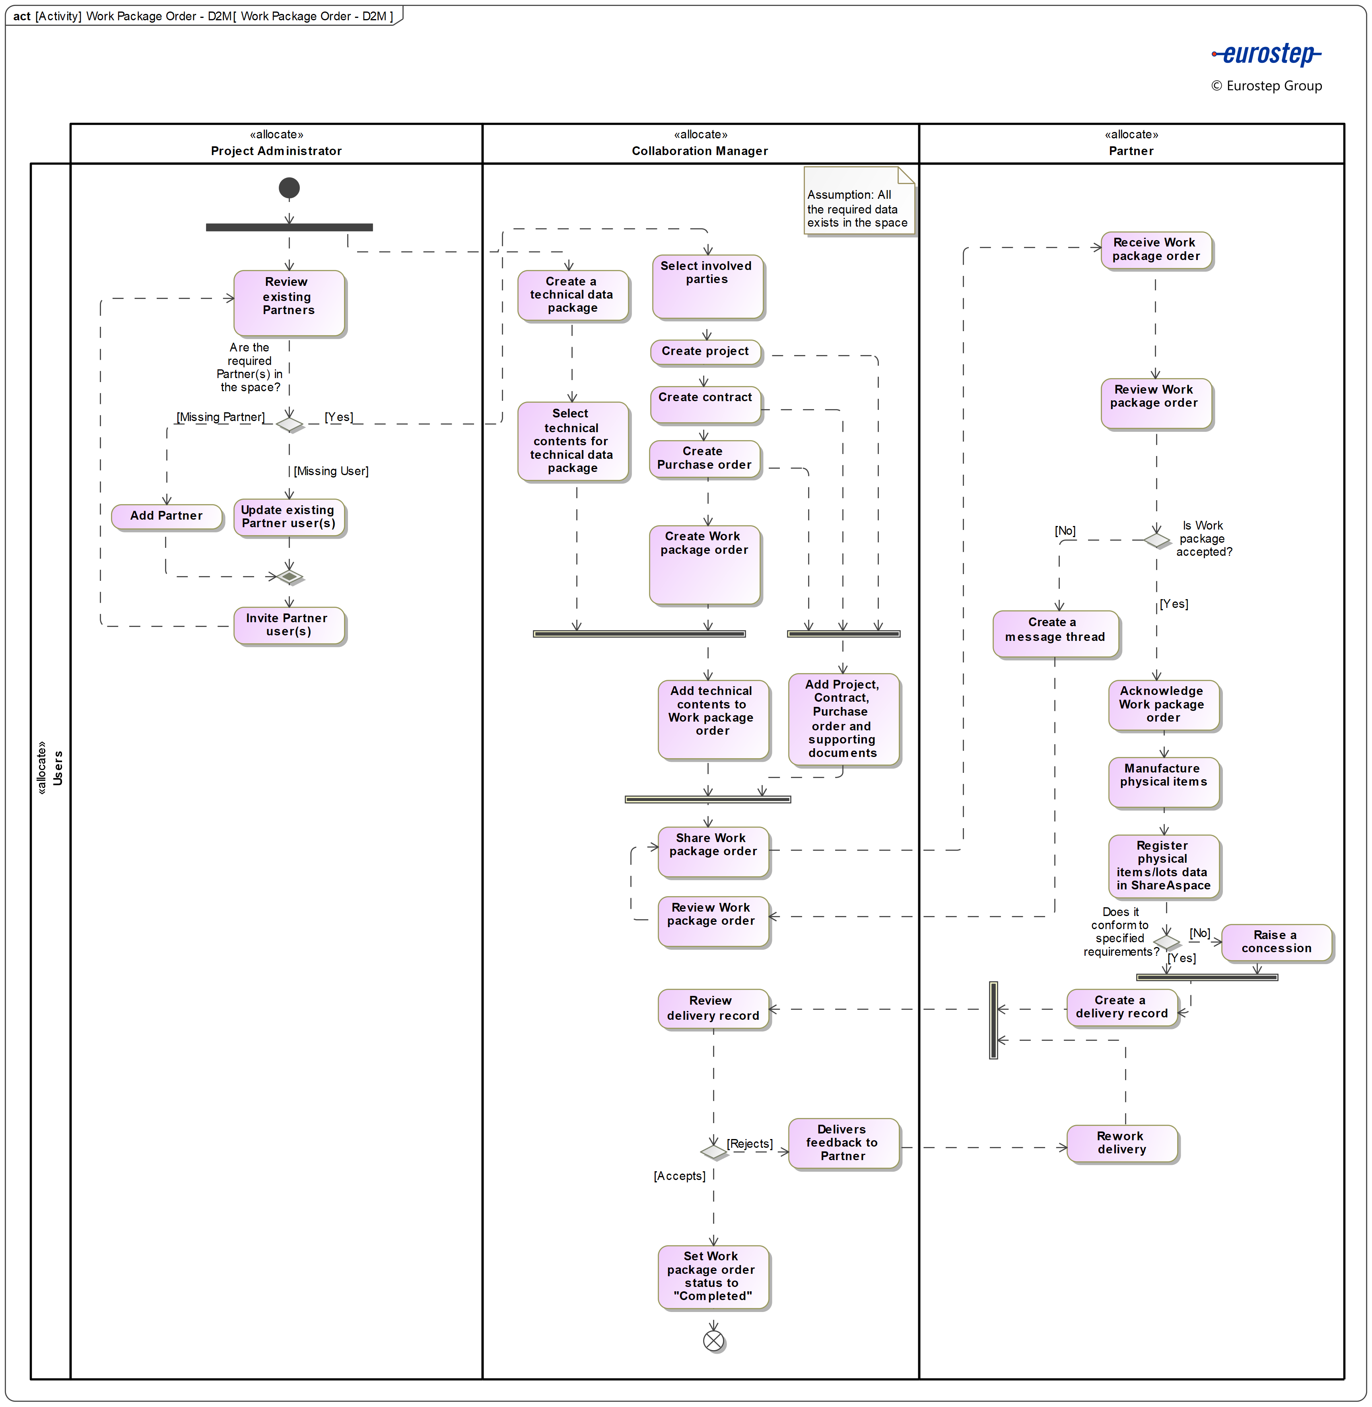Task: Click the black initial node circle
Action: tap(289, 188)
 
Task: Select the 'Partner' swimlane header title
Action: tap(1131, 151)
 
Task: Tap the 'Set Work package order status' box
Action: tap(713, 1276)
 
